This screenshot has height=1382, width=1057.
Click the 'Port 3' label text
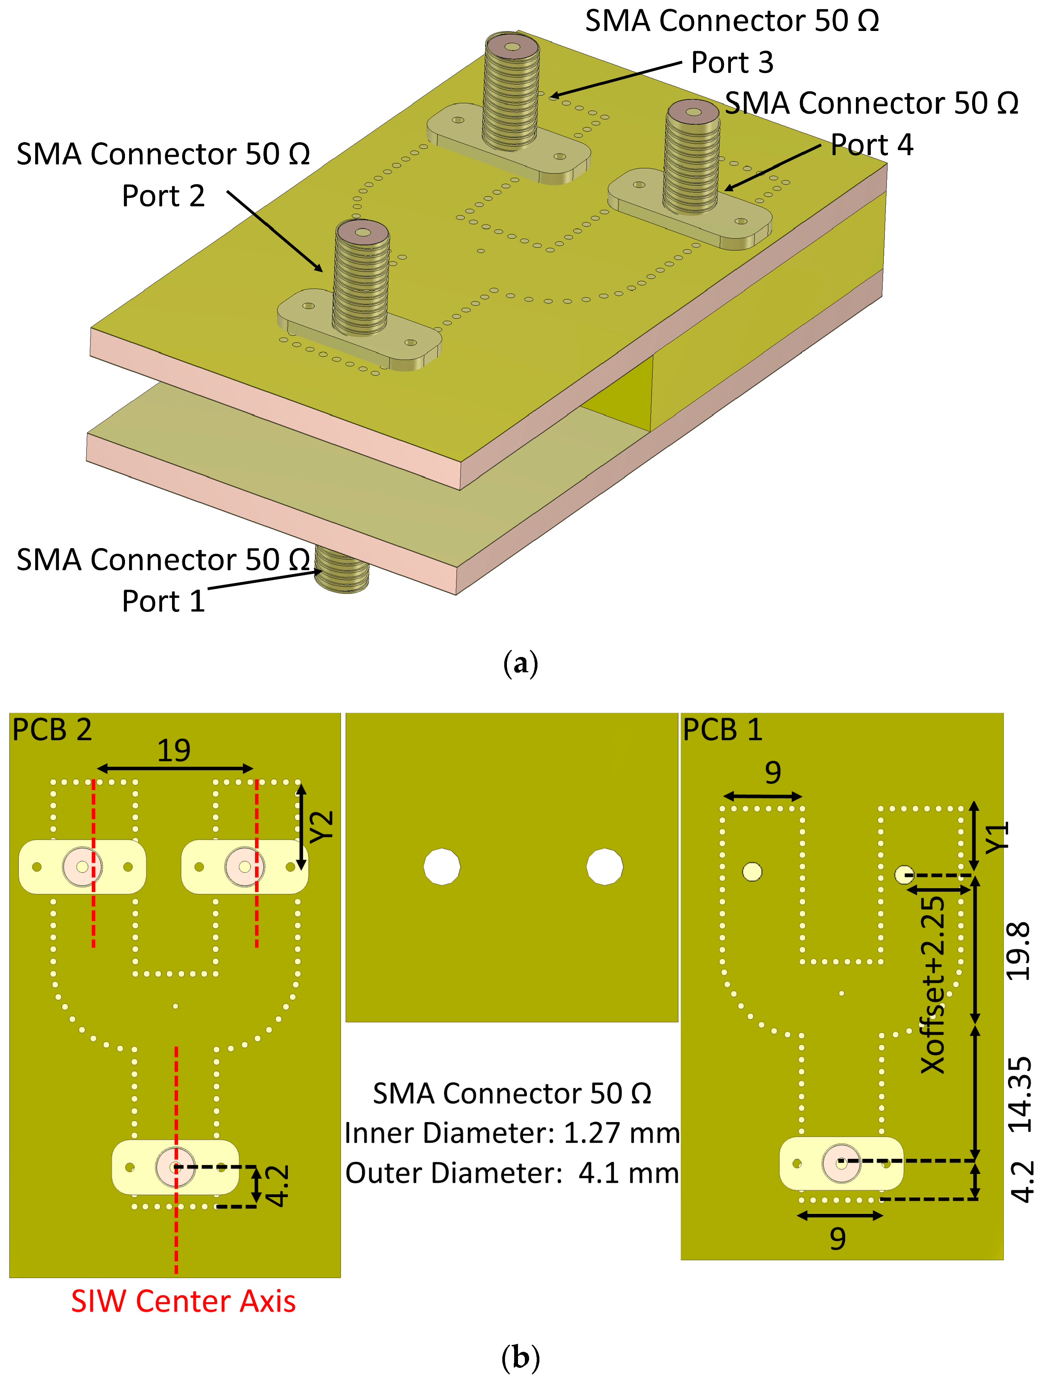[732, 62]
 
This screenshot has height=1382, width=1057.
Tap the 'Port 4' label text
[871, 145]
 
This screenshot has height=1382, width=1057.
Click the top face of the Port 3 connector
[512, 47]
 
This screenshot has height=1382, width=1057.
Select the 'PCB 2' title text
[52, 730]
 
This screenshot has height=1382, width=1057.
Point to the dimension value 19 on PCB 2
[174, 750]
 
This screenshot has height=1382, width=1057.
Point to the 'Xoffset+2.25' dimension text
[933, 985]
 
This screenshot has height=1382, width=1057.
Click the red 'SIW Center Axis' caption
[183, 1301]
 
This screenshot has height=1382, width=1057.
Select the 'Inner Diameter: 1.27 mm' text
[511, 1133]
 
